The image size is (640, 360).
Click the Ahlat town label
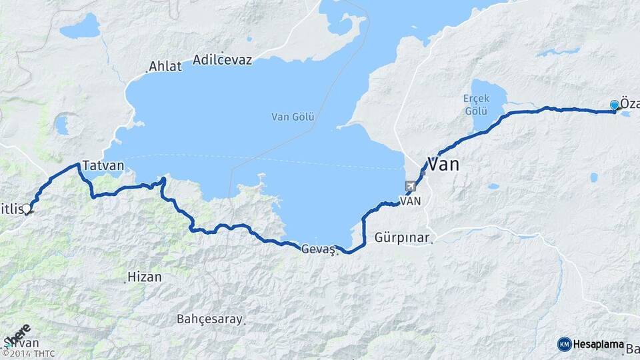[x=165, y=66]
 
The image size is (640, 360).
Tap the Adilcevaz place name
[x=222, y=61]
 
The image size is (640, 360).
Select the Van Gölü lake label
[x=293, y=117]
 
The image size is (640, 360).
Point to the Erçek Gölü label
[x=477, y=103]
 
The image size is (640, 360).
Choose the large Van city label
[x=443, y=164]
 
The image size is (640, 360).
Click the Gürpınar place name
[x=402, y=237]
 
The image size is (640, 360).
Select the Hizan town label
[x=144, y=277]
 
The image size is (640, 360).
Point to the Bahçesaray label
[x=209, y=319]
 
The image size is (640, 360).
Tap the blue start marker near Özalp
[x=615, y=105]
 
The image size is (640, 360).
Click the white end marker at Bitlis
[x=27, y=209]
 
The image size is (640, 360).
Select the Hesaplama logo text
[x=599, y=345]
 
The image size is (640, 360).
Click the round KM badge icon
[x=565, y=345]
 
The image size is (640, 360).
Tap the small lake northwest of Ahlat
[x=80, y=27]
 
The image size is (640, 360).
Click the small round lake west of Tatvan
[x=62, y=125]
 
